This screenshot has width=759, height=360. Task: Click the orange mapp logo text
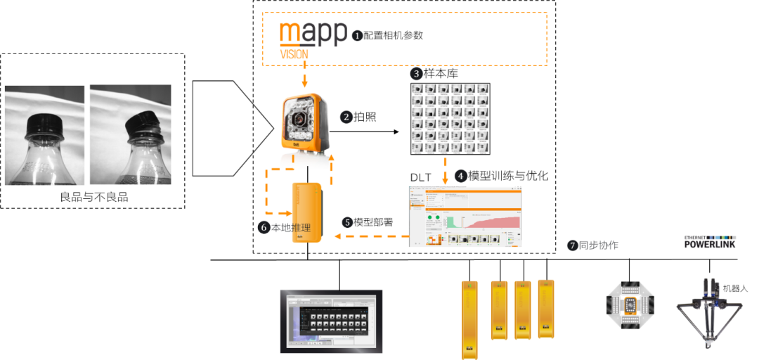pyautogui.click(x=313, y=34)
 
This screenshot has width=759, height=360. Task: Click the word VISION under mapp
pyautogui.click(x=294, y=53)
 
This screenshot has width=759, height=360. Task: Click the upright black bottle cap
pyautogui.click(x=44, y=127)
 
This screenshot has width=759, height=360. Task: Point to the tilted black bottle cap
pyautogui.click(x=140, y=124)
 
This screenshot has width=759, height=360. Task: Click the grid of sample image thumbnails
pyautogui.click(x=450, y=119)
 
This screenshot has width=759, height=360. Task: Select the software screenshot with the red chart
pyautogui.click(x=465, y=216)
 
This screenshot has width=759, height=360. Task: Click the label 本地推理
pyautogui.click(x=280, y=228)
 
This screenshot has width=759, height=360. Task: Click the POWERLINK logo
pyautogui.click(x=710, y=243)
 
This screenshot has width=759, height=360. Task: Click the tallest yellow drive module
pyautogui.click(x=468, y=318)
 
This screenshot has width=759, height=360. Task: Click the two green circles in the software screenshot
pyautogui.click(x=432, y=219)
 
